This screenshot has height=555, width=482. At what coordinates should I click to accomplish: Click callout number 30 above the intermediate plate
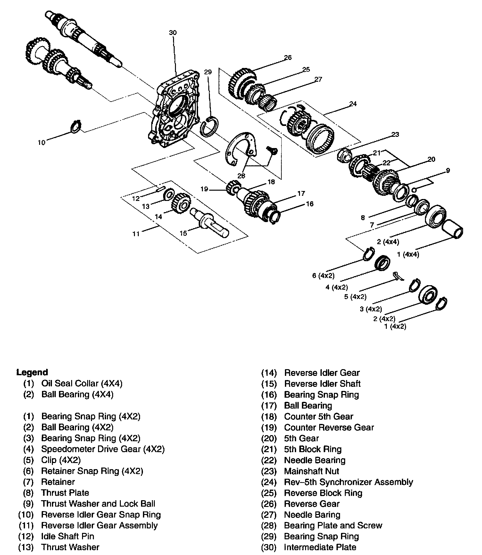[173, 33]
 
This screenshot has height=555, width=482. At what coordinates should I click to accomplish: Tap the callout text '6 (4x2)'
[324, 276]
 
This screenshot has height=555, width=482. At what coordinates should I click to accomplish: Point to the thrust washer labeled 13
[169, 194]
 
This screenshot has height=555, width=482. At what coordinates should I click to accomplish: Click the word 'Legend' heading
[32, 372]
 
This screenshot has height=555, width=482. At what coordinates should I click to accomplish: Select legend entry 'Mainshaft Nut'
[312, 471]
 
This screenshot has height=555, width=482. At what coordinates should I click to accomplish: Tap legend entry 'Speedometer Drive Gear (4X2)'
[103, 449]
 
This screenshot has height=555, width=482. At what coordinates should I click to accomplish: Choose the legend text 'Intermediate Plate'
[320, 547]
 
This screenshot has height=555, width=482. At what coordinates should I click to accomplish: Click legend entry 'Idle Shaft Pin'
[68, 536]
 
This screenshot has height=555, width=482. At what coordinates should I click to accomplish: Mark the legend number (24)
[269, 482]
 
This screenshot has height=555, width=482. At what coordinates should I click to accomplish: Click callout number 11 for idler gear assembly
[136, 234]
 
